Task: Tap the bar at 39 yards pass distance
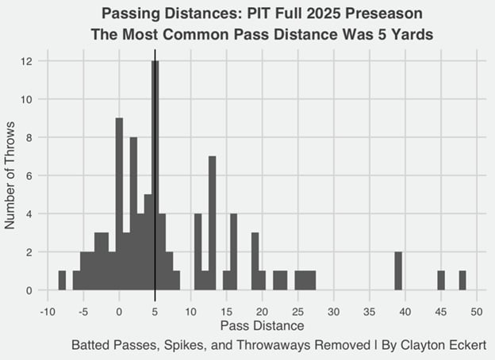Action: [398, 270]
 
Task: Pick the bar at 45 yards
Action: [441, 281]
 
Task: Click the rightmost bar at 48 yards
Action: [462, 281]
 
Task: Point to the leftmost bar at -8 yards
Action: [62, 281]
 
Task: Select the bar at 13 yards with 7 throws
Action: [212, 223]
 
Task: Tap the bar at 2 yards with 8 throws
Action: [133, 213]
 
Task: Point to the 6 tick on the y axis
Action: [29, 176]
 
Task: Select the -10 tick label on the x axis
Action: [48, 312]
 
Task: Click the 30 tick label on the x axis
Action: [334, 312]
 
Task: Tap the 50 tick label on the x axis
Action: [477, 312]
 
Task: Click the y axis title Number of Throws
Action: [11, 174]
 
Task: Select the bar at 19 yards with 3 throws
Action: [255, 261]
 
